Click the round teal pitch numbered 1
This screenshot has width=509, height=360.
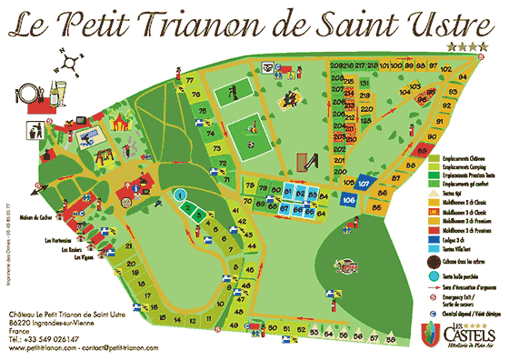point(180,194)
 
